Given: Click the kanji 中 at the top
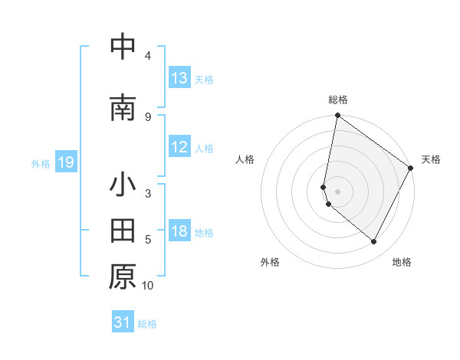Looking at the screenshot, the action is pyautogui.click(x=123, y=47).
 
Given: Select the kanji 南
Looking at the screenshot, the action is pyautogui.click(x=123, y=109).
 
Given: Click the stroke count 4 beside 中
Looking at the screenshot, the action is pyautogui.click(x=148, y=56).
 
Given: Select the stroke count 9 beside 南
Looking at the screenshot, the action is pyautogui.click(x=148, y=117).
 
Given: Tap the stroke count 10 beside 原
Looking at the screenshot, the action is pyautogui.click(x=148, y=286).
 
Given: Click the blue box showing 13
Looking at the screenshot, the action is pyautogui.click(x=179, y=78).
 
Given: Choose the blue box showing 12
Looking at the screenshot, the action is pyautogui.click(x=179, y=147).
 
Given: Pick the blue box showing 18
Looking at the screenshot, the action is pyautogui.click(x=179, y=231).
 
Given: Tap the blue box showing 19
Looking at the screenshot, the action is pyautogui.click(x=65, y=162).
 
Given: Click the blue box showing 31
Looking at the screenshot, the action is pyautogui.click(x=123, y=322).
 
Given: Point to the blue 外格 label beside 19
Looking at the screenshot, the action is pyautogui.click(x=40, y=163).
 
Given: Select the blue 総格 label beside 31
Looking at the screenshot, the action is pyautogui.click(x=147, y=324).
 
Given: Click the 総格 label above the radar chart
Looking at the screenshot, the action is pyautogui.click(x=338, y=100).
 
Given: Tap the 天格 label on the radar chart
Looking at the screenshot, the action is pyautogui.click(x=431, y=159).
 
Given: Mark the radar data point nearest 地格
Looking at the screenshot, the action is pyautogui.click(x=374, y=242).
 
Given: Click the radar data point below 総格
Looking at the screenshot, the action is pyautogui.click(x=337, y=116).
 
